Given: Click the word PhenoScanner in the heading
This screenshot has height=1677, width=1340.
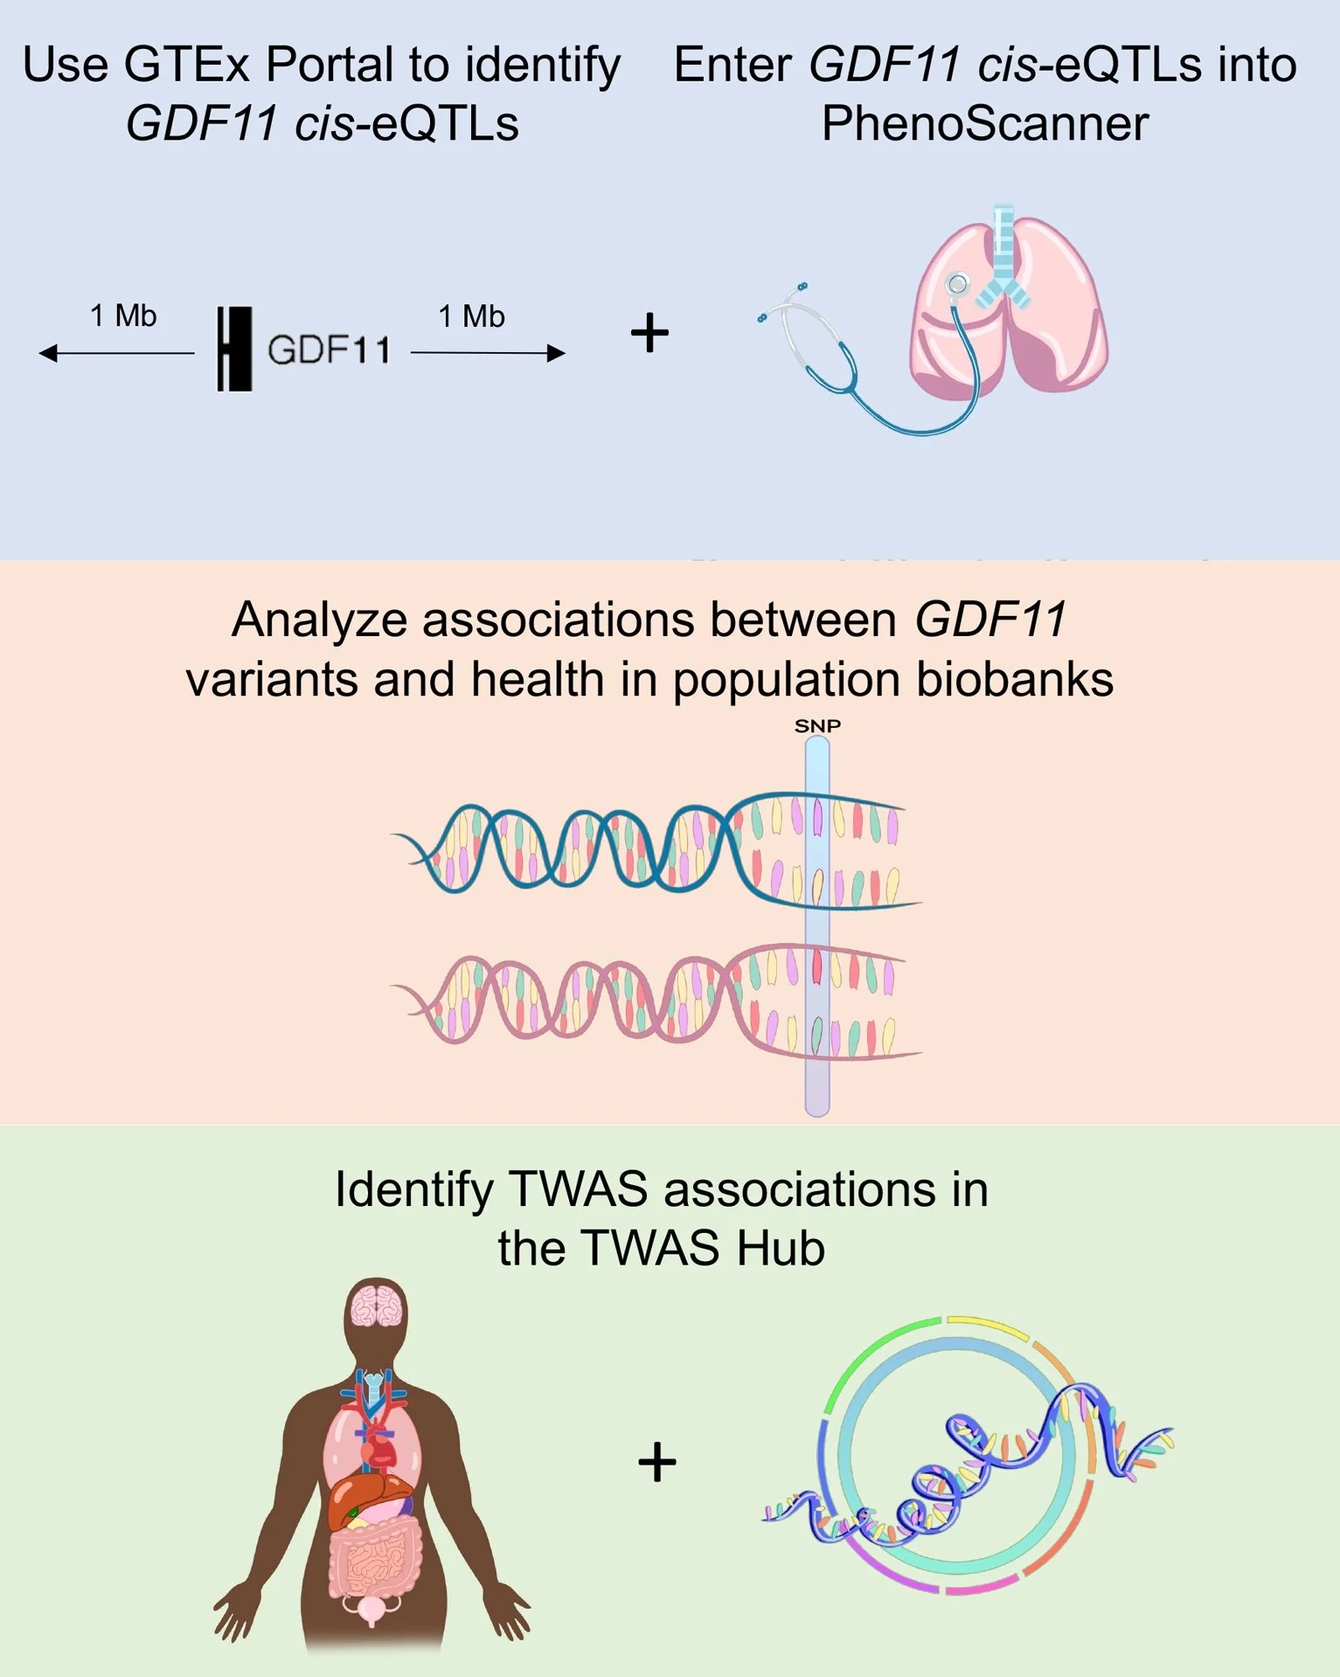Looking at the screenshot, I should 984,123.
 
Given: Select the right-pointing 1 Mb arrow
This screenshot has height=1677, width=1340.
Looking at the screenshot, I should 488,353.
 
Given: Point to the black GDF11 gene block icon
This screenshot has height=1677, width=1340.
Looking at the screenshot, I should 234,349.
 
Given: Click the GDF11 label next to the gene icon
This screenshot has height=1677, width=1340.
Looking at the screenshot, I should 329,350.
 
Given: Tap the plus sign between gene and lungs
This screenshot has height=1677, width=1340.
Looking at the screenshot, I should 649,333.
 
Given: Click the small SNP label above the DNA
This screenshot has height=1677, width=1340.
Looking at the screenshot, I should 817,726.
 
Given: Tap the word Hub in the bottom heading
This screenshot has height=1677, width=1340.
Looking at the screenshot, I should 781,1247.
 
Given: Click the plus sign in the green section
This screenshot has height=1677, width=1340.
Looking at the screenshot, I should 657,1463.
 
